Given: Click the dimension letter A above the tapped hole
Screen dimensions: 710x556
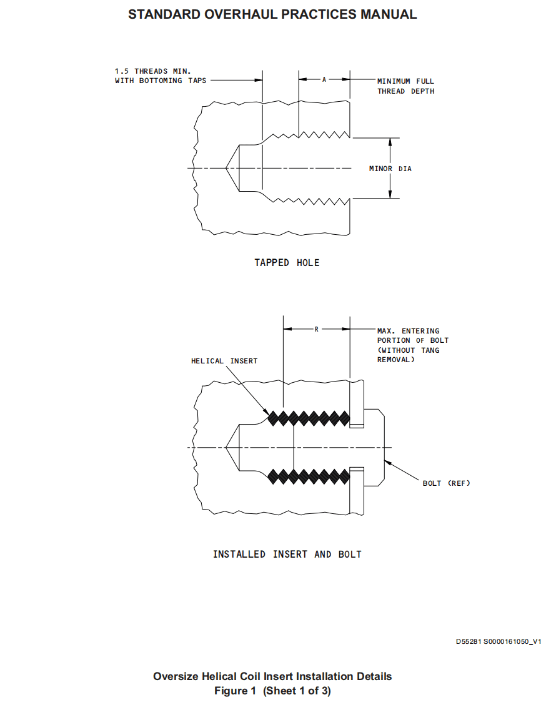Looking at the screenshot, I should (x=324, y=80).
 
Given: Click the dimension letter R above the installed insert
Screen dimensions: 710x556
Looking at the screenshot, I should (x=316, y=329).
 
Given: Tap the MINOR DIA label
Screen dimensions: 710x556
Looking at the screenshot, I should (x=390, y=169).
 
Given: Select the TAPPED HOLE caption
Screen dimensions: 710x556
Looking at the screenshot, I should (x=287, y=263).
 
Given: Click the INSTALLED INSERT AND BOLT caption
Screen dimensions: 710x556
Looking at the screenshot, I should (x=287, y=555).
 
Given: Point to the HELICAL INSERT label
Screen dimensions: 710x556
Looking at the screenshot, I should (x=224, y=361).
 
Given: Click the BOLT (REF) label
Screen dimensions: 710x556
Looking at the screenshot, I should (x=446, y=483).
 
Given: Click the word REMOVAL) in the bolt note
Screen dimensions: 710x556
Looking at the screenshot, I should (x=395, y=360).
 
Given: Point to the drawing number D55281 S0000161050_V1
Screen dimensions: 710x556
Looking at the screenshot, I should (x=498, y=641).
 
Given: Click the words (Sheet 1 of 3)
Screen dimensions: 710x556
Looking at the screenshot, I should (x=297, y=691).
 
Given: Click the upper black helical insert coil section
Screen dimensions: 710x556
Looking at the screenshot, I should (x=309, y=418).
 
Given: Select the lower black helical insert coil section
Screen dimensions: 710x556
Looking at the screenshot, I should (x=309, y=477).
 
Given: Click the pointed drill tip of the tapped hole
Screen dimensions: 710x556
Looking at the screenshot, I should (x=226, y=168).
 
